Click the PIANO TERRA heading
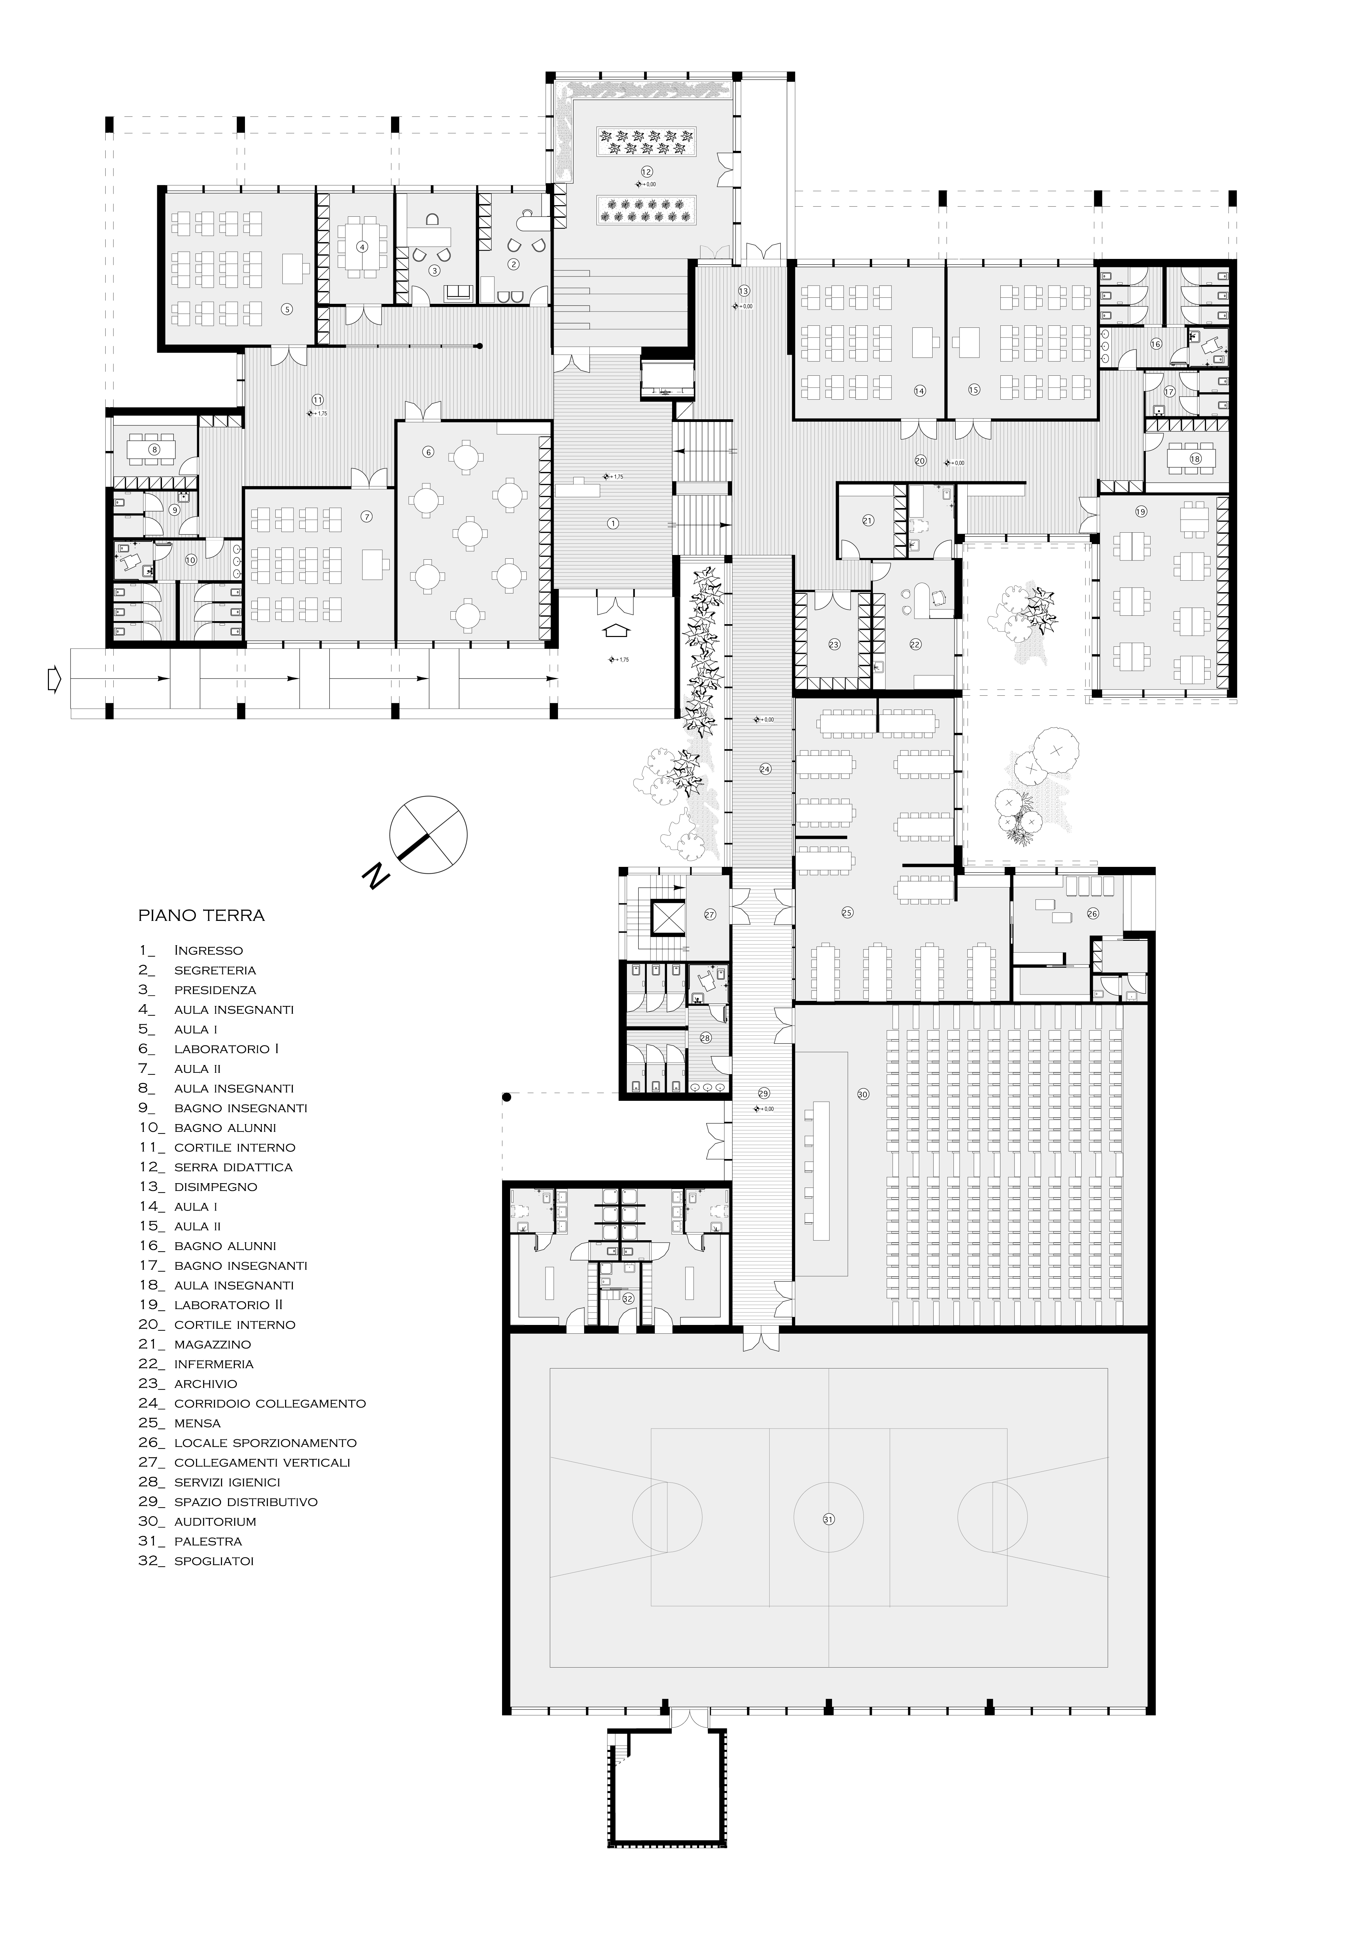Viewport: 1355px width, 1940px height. click(x=201, y=915)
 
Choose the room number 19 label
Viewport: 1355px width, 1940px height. click(x=1141, y=511)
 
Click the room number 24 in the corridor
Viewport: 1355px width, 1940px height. click(x=765, y=769)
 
